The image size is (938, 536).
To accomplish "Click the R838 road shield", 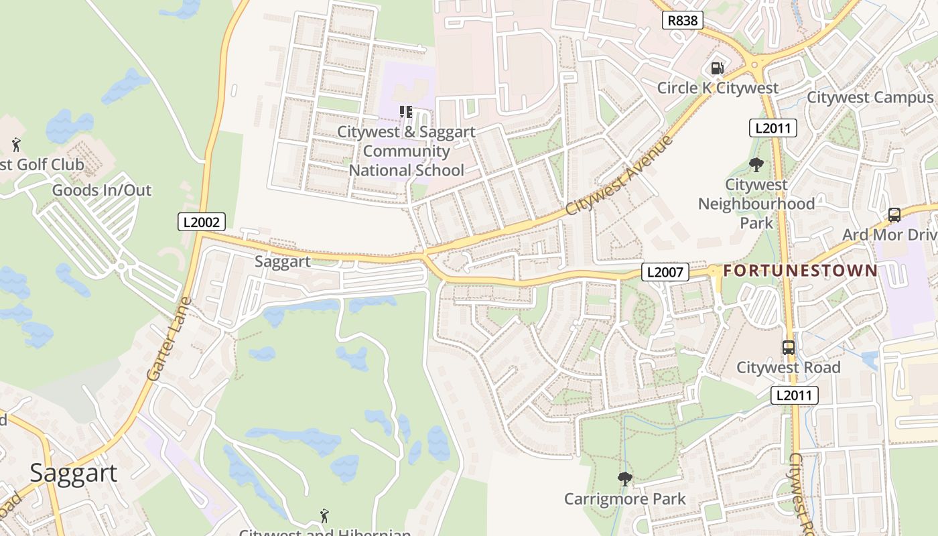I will (x=683, y=20).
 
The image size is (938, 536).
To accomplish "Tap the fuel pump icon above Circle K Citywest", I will (x=717, y=68).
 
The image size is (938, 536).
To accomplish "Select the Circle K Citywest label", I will (x=718, y=88).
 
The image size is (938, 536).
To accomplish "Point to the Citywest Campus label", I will (x=870, y=97).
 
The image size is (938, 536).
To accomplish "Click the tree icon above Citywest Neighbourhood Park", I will (x=756, y=164).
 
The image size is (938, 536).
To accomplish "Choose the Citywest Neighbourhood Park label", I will (x=756, y=203).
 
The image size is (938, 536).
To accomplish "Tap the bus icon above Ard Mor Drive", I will (x=894, y=215).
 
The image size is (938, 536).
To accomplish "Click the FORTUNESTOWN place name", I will (x=800, y=271).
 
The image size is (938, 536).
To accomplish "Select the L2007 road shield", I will (x=665, y=272).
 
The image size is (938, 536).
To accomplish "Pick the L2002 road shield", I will (x=201, y=222).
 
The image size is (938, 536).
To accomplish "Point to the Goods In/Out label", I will (x=102, y=190).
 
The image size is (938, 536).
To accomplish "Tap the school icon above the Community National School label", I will (x=405, y=112).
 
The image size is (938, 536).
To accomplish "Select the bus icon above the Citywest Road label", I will (x=789, y=348).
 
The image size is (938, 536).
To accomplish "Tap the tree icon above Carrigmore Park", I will (x=624, y=479).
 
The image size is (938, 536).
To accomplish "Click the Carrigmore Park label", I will (x=624, y=499).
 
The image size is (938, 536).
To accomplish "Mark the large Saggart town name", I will (x=74, y=473).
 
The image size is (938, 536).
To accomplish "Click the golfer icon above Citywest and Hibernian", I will (x=325, y=515).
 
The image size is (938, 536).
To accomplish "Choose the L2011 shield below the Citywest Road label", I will (x=794, y=395).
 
